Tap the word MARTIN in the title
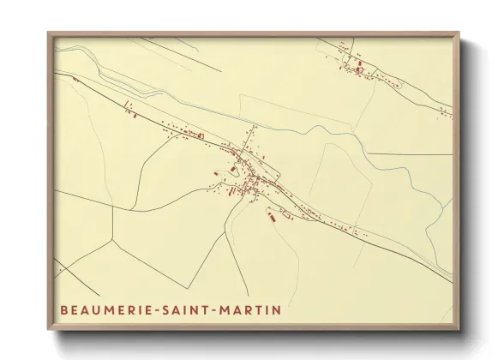[253, 306]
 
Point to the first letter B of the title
[63, 306]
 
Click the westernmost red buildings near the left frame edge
[75, 80]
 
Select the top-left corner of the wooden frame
[49, 33]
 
